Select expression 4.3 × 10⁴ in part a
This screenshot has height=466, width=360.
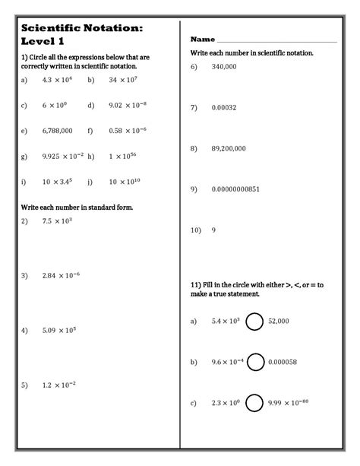(56, 79)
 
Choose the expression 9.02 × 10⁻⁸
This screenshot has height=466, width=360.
(128, 105)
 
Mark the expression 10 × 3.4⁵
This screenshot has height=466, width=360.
(58, 182)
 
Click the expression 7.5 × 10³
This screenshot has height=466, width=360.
(57, 221)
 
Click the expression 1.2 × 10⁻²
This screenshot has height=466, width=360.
(58, 385)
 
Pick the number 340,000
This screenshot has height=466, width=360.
(226, 67)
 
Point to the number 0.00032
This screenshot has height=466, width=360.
(224, 107)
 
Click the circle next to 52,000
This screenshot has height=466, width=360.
(254, 322)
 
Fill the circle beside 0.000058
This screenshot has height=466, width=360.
(255, 362)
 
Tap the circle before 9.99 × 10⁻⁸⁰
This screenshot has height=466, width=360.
(255, 403)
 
